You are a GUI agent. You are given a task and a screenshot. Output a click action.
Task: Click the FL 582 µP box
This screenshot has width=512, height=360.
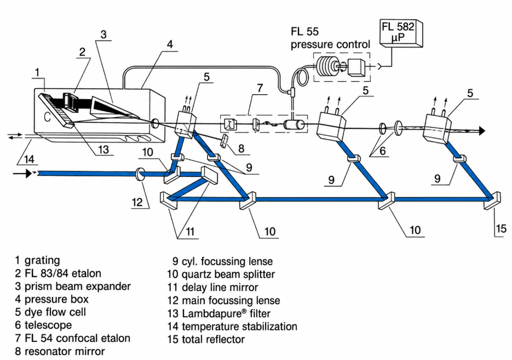[x=401, y=33]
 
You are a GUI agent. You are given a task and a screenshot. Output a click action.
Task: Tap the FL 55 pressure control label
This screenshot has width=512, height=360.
[x=330, y=38]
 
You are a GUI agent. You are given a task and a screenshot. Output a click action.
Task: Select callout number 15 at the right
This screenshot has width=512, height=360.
[x=501, y=228]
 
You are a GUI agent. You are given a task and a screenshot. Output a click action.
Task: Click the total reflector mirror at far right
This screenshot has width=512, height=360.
[x=492, y=201]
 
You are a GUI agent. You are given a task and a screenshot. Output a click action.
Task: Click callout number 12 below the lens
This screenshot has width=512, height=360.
[x=137, y=202]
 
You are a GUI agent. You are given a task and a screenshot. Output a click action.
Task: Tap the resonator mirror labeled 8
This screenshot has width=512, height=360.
[x=225, y=141]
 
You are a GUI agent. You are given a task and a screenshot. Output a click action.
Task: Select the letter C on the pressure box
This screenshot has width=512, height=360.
[x=47, y=116]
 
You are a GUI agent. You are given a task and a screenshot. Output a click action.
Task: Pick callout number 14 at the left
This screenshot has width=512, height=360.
[x=29, y=159]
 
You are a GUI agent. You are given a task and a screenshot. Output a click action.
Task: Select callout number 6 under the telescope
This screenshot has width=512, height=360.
[x=382, y=151]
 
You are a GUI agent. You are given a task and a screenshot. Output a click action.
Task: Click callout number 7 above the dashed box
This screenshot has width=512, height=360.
[x=260, y=88]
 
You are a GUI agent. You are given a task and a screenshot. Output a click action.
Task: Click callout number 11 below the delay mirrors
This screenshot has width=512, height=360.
[x=189, y=231]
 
